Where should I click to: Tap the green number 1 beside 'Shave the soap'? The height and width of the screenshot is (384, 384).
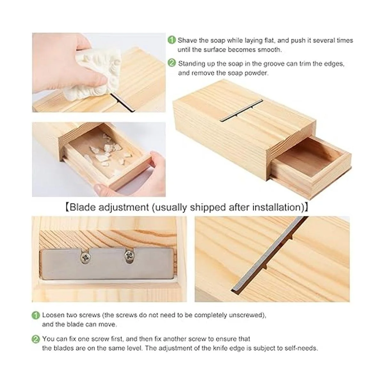click(x=172, y=40)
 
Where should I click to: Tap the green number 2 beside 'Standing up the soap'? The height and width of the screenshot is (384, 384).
click(x=172, y=63)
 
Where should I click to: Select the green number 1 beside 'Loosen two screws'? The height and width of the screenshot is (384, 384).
click(x=36, y=316)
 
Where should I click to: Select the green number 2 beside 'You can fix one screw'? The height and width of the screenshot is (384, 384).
click(x=36, y=339)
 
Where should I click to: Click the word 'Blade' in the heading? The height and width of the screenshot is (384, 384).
click(x=83, y=207)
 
